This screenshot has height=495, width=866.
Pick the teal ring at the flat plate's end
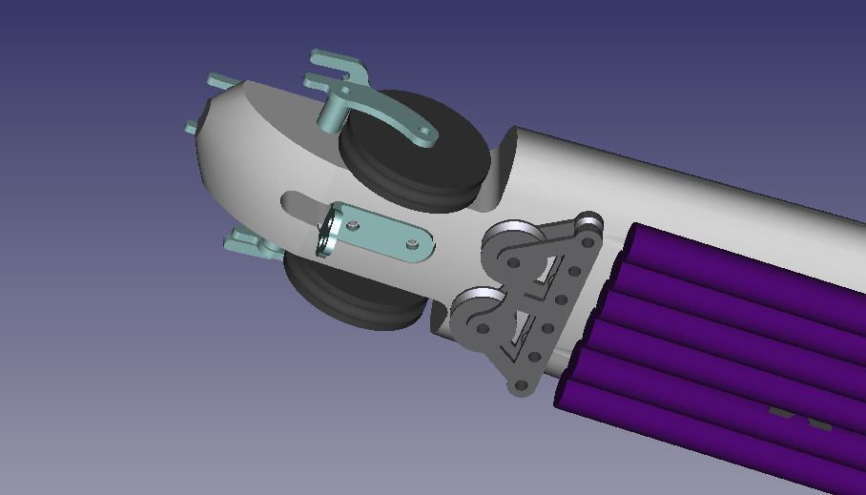click(328, 235)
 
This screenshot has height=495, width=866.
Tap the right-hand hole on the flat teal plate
click(412, 245)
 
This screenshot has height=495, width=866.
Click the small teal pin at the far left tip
click(191, 126)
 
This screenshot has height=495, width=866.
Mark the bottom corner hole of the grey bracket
click(521, 387)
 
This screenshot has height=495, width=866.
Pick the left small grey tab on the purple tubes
click(780, 413)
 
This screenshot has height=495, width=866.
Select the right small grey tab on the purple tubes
click(818, 423)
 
